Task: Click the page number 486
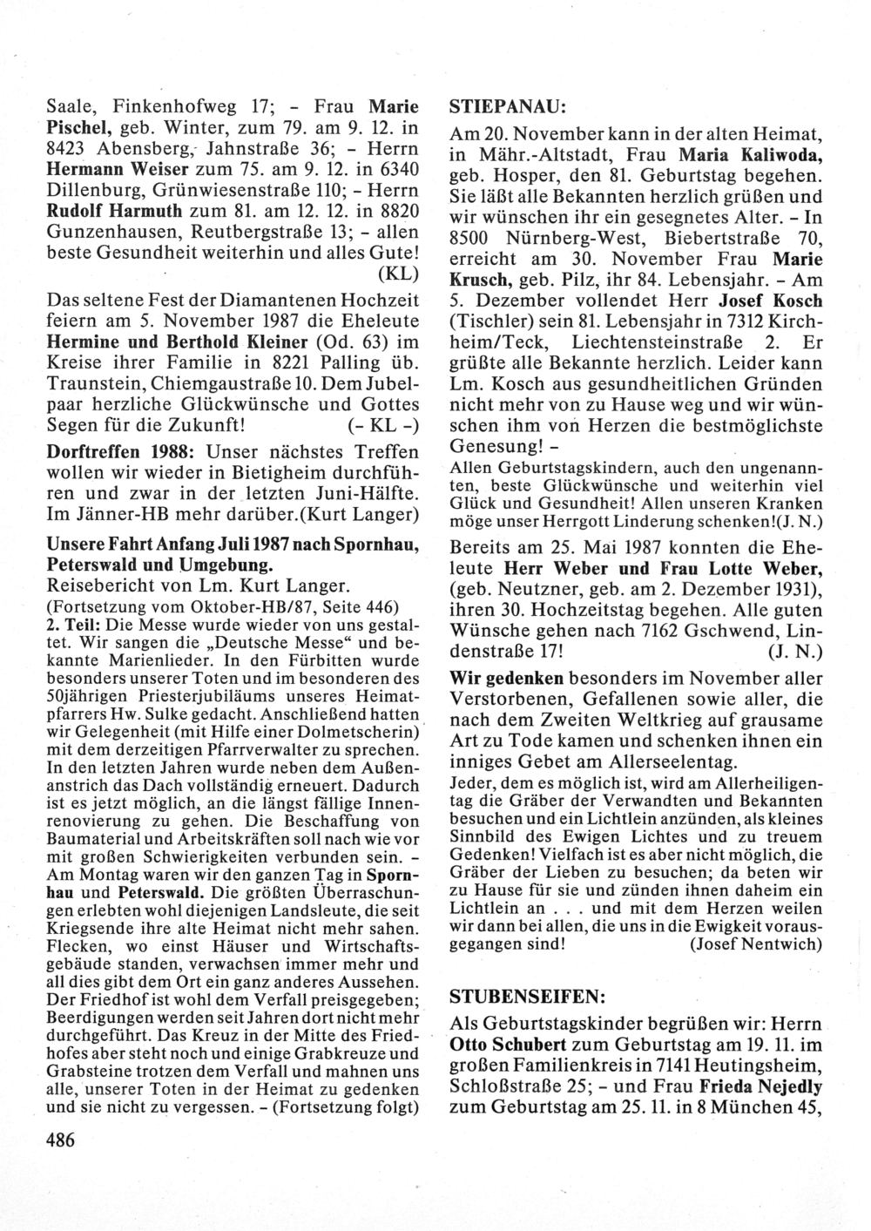pyautogui.click(x=59, y=1140)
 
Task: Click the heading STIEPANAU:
pyautogui.click(x=508, y=107)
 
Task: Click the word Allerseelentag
pyautogui.click(x=684, y=761)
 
